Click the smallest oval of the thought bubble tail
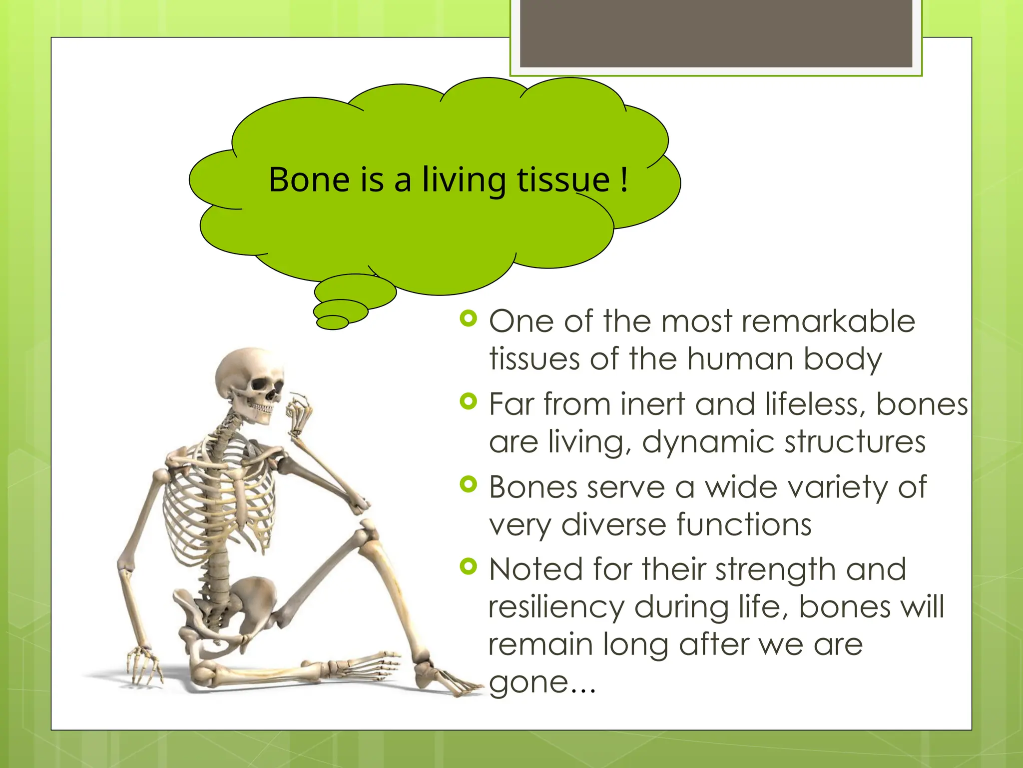[332, 322]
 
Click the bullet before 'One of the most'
[469, 318]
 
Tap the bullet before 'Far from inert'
[469, 401]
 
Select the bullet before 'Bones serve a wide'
[469, 484]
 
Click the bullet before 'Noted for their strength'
[469, 566]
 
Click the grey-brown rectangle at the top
[716, 33]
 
